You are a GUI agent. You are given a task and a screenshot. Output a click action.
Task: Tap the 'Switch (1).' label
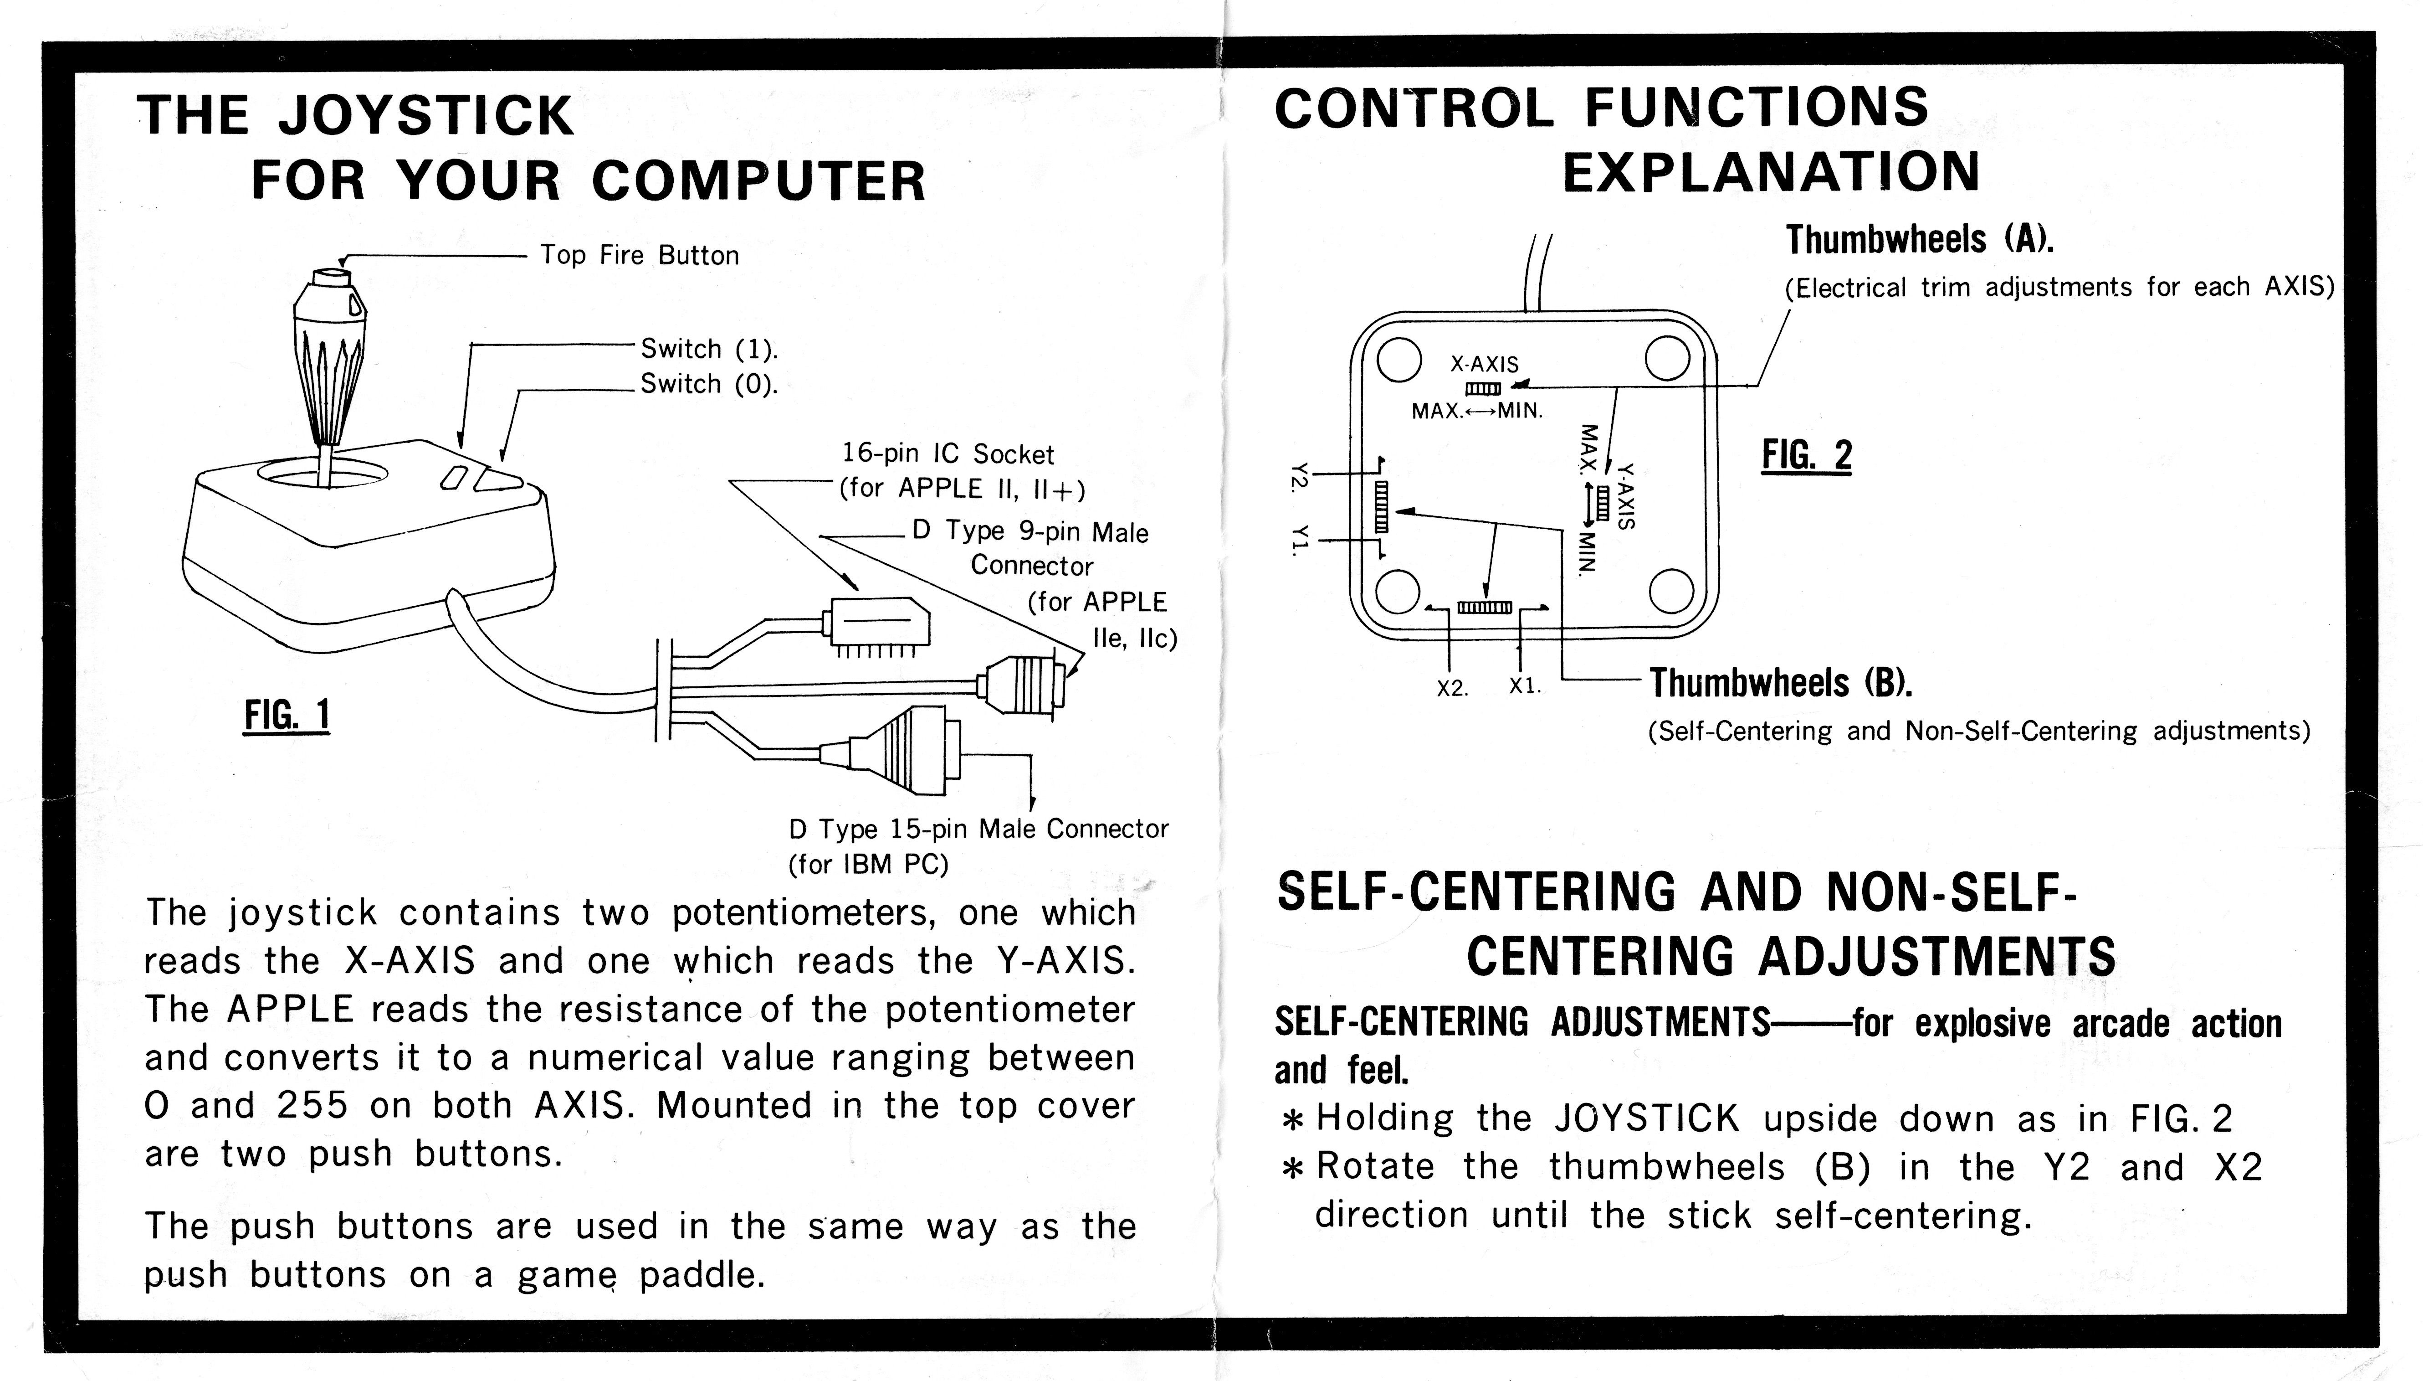(x=708, y=349)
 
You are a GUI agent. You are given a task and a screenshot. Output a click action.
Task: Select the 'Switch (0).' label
(x=708, y=384)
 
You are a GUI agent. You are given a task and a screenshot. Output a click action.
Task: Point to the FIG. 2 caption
(x=1806, y=455)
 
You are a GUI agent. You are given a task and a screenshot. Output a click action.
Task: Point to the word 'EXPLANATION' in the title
(x=1770, y=173)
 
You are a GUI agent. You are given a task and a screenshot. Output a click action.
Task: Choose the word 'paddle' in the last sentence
(x=701, y=1275)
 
